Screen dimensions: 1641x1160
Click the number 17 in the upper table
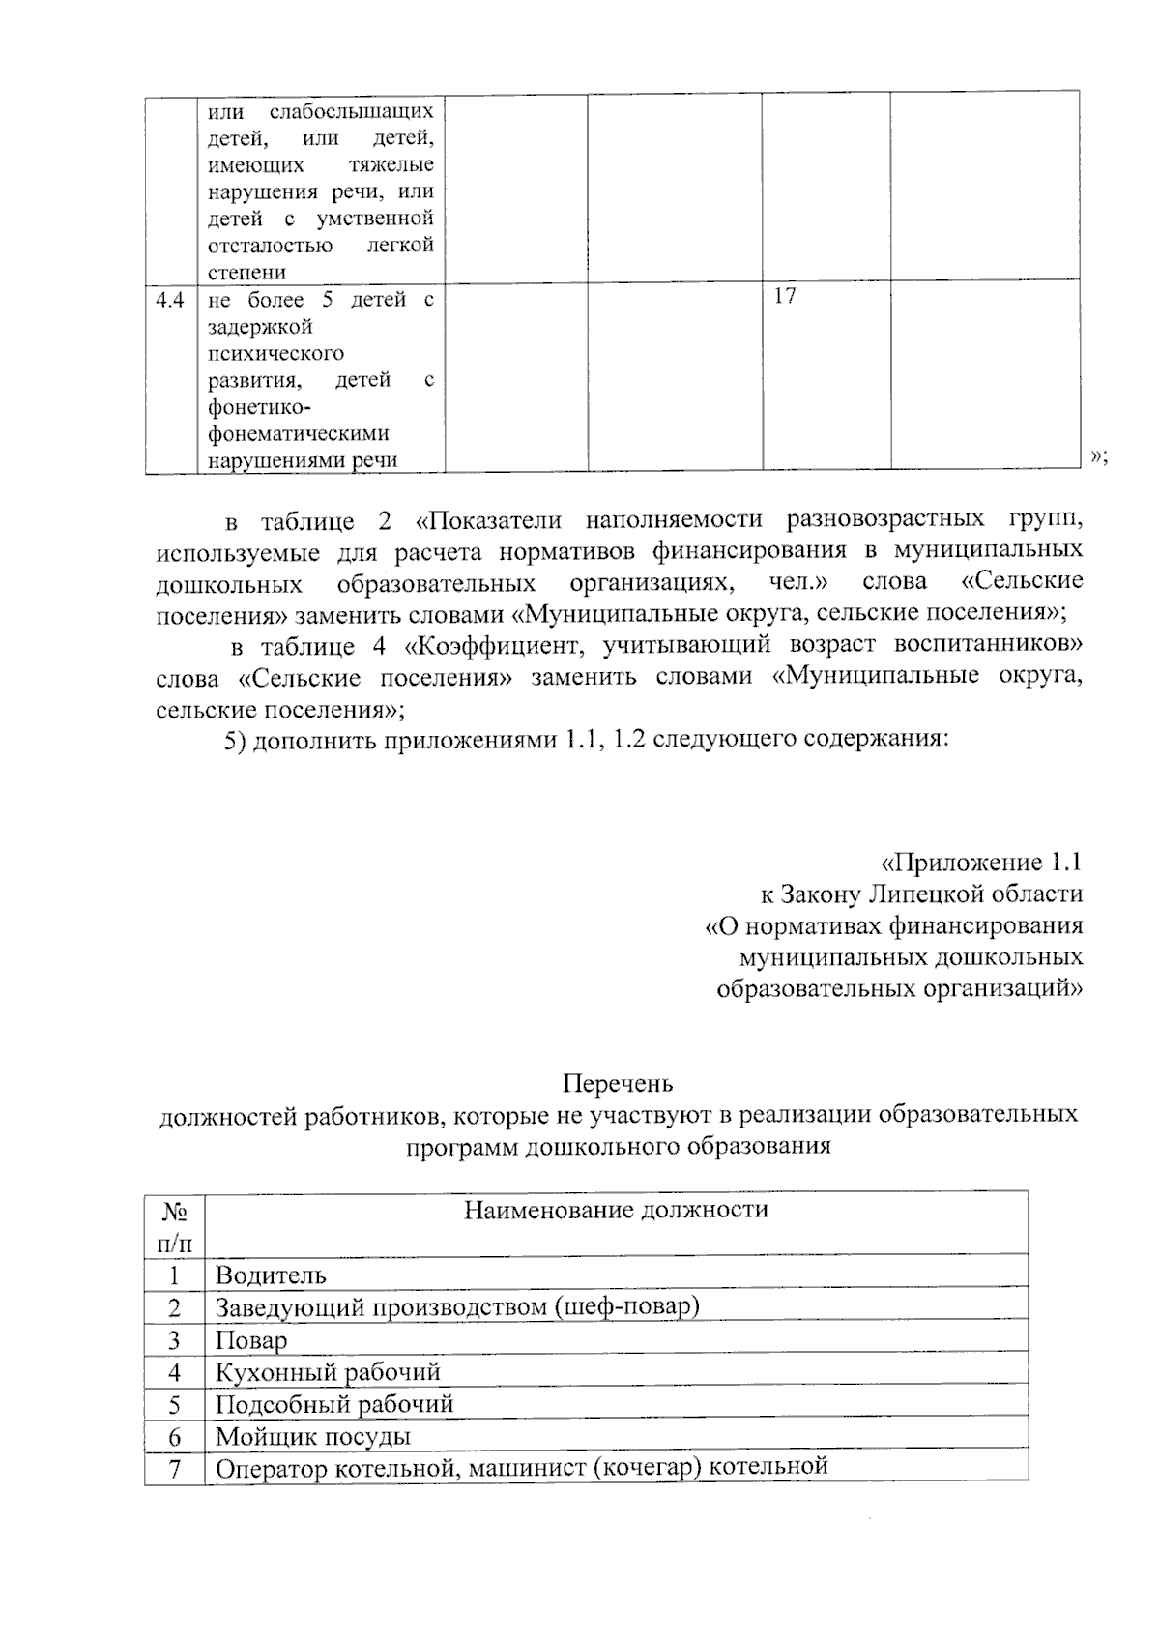pyautogui.click(x=784, y=296)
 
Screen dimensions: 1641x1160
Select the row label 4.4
pyautogui.click(x=170, y=300)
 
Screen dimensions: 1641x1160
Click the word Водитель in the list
pyautogui.click(x=271, y=1275)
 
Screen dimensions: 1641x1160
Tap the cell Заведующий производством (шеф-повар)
pyautogui.click(x=456, y=1307)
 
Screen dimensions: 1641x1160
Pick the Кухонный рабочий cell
pyautogui.click(x=328, y=1371)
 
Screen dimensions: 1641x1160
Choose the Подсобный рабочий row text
pyautogui.click(x=333, y=1403)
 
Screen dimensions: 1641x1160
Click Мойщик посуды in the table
pyautogui.click(x=312, y=1436)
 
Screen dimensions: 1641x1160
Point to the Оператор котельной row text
pyautogui.click(x=521, y=1467)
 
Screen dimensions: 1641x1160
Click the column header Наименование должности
pyautogui.click(x=616, y=1210)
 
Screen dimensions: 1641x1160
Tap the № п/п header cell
pyautogui.click(x=175, y=1224)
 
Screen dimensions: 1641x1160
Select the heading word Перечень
pyautogui.click(x=618, y=1083)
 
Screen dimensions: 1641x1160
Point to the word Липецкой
pyautogui.click(x=917, y=894)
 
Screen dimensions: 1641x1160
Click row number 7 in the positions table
pyautogui.click(x=175, y=1468)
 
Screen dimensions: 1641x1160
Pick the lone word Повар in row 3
pyautogui.click(x=250, y=1340)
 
